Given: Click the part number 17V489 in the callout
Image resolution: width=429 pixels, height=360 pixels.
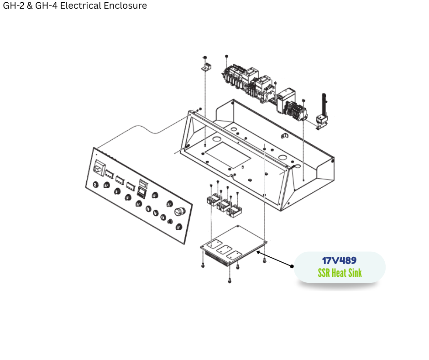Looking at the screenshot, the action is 339,260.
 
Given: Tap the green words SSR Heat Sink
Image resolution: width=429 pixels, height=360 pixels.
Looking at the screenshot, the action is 340,273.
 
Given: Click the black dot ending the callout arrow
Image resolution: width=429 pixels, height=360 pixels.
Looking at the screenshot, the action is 292,266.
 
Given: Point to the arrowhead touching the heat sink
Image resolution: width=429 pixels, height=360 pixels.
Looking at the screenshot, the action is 258,253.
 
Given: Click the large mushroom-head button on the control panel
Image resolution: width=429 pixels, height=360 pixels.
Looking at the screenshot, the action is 180,212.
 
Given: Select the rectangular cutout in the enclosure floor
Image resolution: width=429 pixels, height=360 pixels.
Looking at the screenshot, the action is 228,155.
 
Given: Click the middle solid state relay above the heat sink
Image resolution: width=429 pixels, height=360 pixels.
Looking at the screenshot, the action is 224,205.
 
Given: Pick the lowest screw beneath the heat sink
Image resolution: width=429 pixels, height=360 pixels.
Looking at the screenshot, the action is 230,280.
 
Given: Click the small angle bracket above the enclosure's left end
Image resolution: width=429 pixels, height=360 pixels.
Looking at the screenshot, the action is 207,67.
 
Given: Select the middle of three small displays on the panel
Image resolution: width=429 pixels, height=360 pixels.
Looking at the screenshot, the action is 120,180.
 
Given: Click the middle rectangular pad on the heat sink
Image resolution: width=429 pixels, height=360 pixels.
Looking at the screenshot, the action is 225,249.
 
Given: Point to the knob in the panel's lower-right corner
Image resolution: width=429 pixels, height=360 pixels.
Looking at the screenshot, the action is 178,227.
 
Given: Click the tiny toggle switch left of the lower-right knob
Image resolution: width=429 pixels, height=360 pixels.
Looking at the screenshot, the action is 170,221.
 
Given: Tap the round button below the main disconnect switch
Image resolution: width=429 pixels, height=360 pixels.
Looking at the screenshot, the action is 95,185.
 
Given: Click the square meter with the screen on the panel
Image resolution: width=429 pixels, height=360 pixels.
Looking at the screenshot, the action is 141,192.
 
